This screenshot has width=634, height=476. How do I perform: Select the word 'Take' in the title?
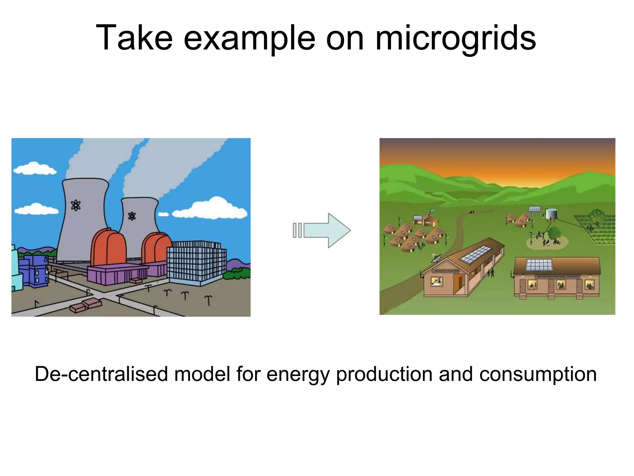(134, 38)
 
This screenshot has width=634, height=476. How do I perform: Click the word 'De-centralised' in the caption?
(101, 374)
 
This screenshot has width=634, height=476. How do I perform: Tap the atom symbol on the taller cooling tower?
(76, 205)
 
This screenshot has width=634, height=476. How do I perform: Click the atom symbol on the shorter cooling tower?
(132, 216)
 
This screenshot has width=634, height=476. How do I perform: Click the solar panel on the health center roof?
(474, 255)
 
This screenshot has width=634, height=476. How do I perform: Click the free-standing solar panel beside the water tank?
(535, 209)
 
